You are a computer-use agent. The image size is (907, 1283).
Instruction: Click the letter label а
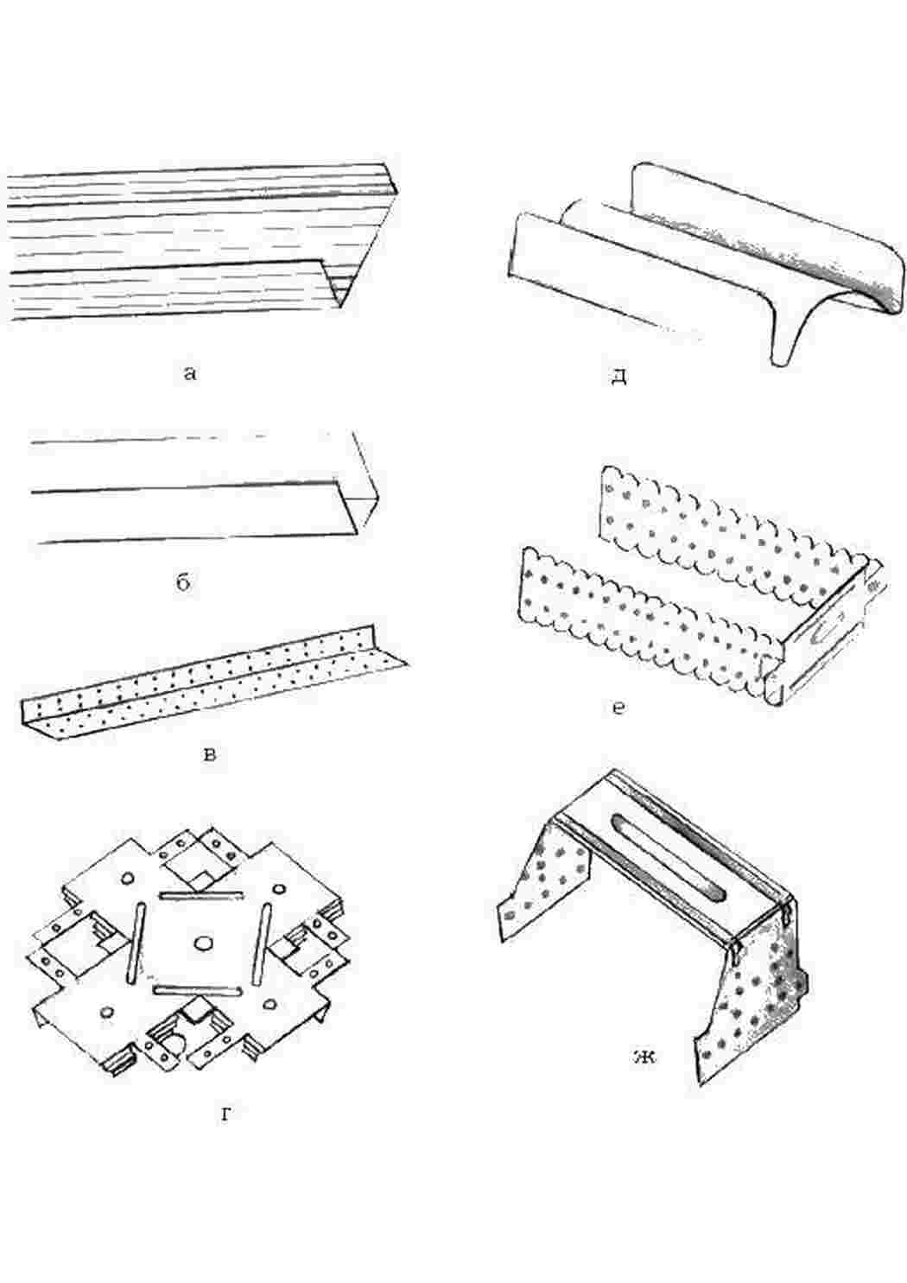point(191,373)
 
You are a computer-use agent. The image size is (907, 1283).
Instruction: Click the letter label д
point(618,377)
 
